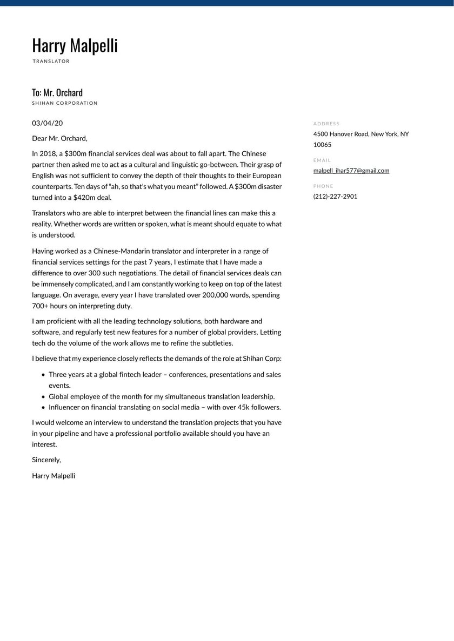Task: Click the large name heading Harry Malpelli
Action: pos(75,46)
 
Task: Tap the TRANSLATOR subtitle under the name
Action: pos(51,62)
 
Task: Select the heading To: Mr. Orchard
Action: pos(57,92)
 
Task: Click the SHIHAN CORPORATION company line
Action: pos(65,103)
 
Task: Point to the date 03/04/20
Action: pos(47,123)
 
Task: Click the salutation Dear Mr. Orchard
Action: pos(59,138)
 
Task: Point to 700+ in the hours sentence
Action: pos(41,306)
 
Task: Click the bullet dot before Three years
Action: pos(43,375)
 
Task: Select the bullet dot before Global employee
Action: pos(43,397)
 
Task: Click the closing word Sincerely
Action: pos(46,460)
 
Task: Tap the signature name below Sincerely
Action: pos(54,476)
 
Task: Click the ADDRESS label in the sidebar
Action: pos(326,124)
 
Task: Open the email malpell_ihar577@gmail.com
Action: pos(351,171)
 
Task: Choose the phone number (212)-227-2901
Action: pos(335,197)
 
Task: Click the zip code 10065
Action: pos(323,145)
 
